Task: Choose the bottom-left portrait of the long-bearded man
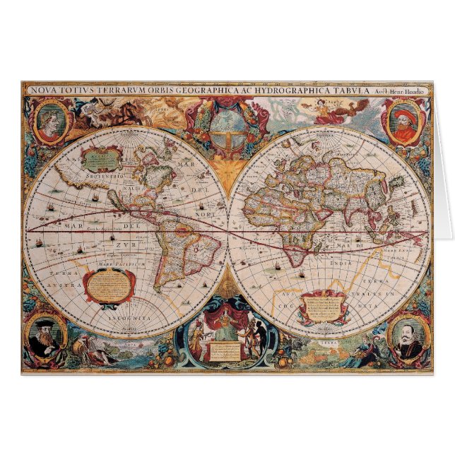pyautogui.click(x=46, y=338)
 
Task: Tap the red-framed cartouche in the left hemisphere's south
pyautogui.click(x=107, y=285)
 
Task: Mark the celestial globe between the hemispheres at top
pyautogui.click(x=227, y=123)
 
